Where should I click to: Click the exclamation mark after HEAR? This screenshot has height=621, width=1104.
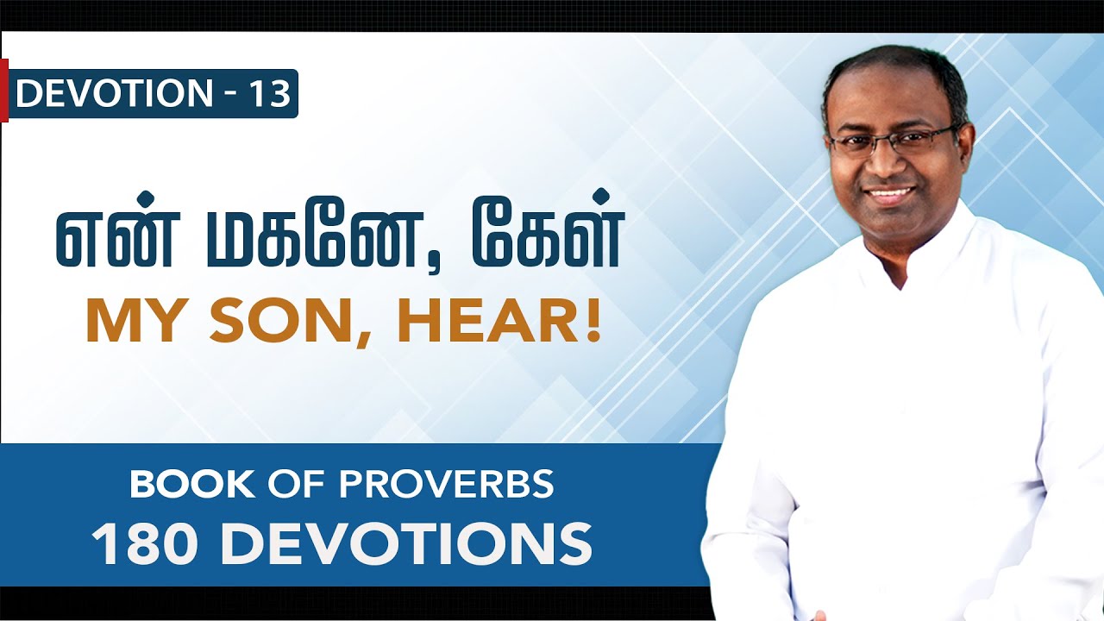593,321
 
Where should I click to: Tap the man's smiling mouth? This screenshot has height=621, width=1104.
890,194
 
